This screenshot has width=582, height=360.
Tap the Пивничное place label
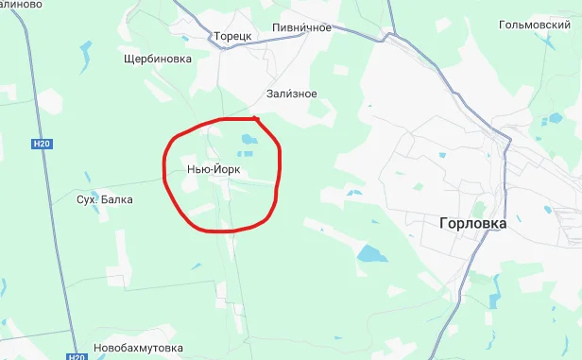tap(300, 27)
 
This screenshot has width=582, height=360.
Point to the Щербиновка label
tap(158, 59)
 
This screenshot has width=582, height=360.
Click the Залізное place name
tap(291, 94)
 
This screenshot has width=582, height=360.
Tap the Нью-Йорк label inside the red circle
tap(215, 168)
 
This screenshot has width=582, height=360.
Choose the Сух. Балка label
tap(105, 200)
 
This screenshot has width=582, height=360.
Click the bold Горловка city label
tap(472, 224)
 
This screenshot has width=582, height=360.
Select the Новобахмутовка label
tap(137, 347)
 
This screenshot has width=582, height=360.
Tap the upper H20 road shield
tap(40, 144)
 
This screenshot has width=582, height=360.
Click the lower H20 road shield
tap(77, 357)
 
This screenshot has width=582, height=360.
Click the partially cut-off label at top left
tap(21, 5)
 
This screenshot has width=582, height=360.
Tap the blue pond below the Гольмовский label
tap(548, 118)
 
